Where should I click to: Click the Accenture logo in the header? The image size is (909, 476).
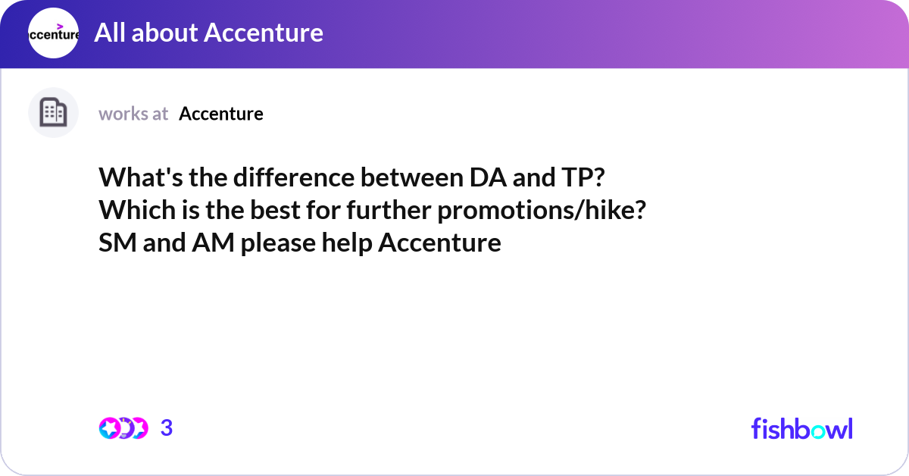click(x=53, y=33)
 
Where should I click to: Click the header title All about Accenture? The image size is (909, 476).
click(x=208, y=33)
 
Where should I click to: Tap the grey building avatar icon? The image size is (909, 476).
click(x=53, y=113)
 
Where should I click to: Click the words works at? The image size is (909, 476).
click(x=133, y=114)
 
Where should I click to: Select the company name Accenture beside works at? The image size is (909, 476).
click(x=221, y=114)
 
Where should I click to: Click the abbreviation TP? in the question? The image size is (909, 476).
click(x=583, y=178)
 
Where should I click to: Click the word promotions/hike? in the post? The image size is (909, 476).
click(x=542, y=211)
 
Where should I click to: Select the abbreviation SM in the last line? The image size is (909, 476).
click(x=114, y=243)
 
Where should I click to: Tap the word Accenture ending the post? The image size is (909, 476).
click(x=439, y=243)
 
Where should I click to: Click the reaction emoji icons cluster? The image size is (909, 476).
click(x=123, y=428)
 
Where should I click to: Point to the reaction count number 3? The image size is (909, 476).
click(x=167, y=428)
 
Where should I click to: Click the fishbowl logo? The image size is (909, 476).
click(x=801, y=428)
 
